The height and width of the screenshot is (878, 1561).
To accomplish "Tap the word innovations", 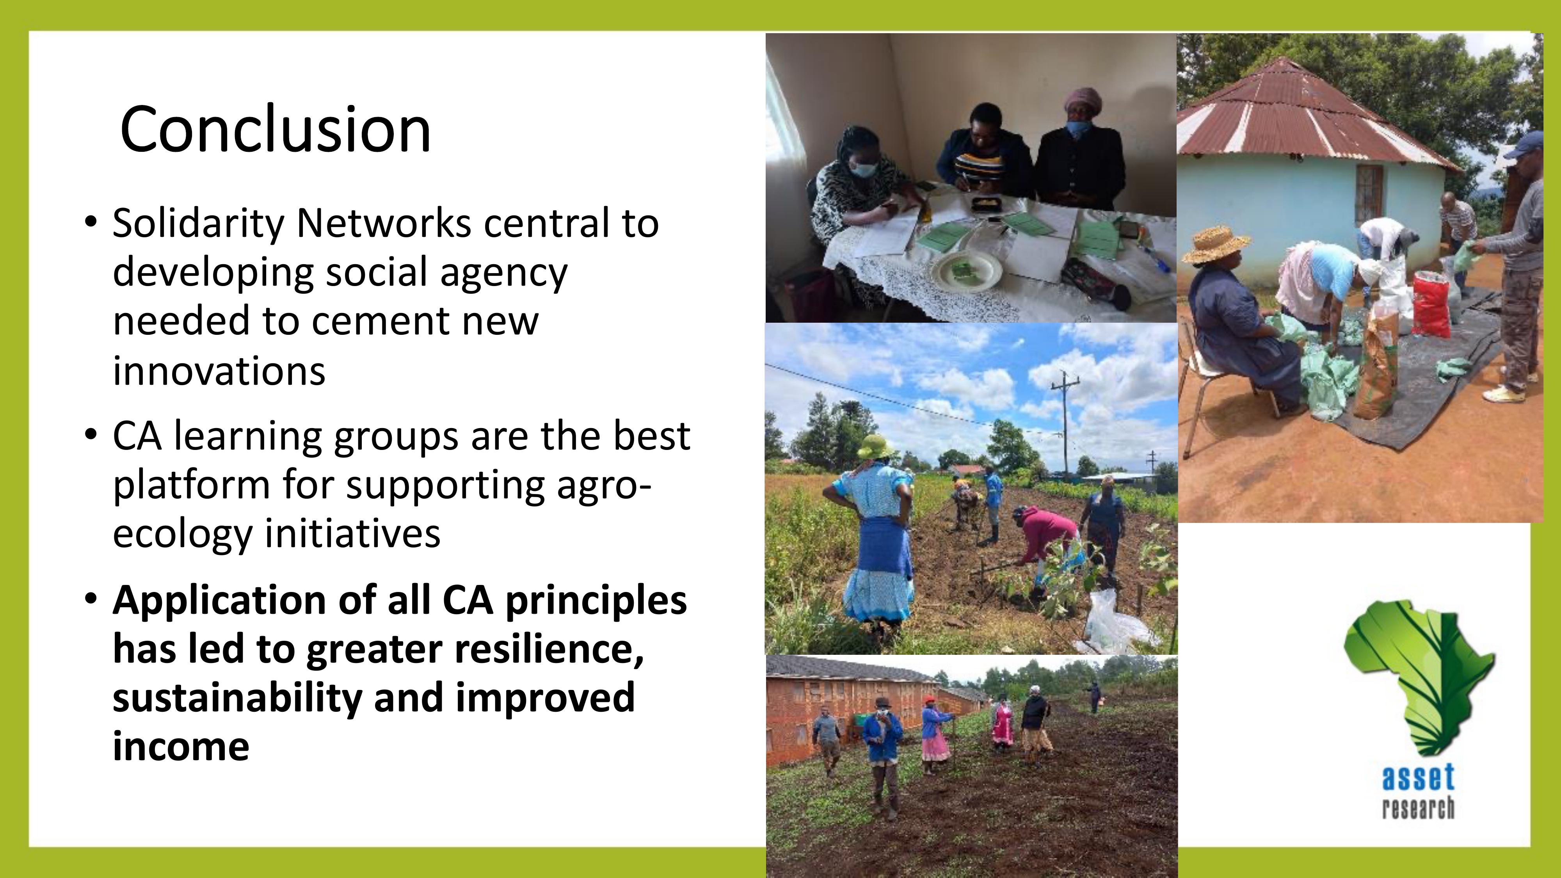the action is pyautogui.click(x=219, y=370).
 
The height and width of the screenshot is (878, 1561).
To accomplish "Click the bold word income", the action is pyautogui.click(x=181, y=745).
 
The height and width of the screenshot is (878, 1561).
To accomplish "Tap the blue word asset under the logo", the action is pyautogui.click(x=1418, y=777).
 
